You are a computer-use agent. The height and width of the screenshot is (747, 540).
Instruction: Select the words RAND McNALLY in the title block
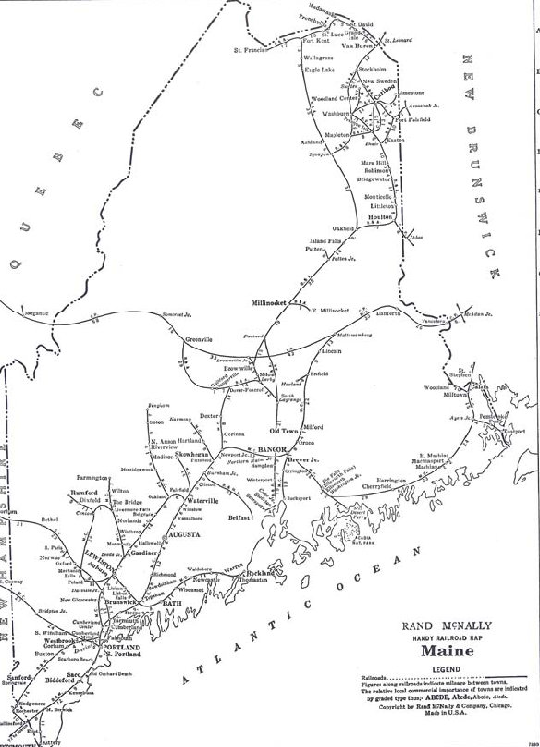click(x=442, y=626)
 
